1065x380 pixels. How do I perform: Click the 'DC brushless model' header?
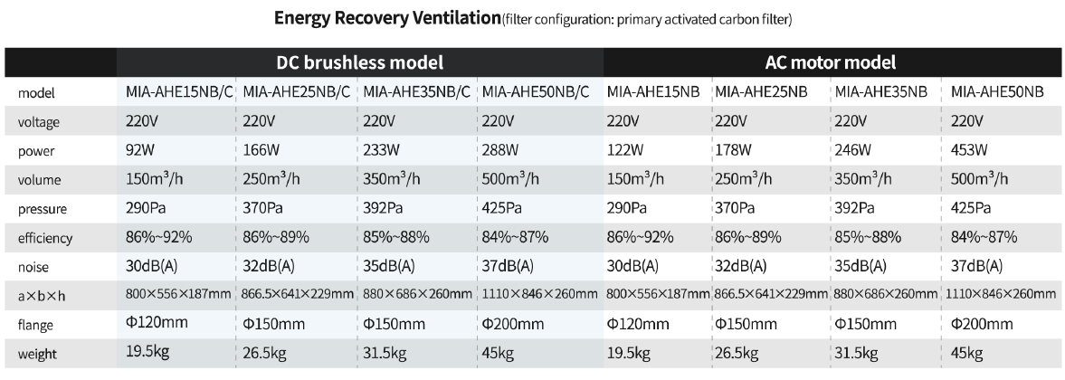pos(359,62)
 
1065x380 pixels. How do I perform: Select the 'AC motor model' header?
pos(831,62)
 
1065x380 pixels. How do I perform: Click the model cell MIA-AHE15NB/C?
pos(176,91)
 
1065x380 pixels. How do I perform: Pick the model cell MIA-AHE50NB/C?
pos(536,91)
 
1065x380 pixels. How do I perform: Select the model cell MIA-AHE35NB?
pos(880,91)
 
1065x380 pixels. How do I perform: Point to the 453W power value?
pos(968,149)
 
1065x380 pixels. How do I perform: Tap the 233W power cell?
pos(380,149)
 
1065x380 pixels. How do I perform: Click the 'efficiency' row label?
pos(45,239)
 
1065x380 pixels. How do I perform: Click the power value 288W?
pos(500,149)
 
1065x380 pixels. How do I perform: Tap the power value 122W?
pos(624,149)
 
